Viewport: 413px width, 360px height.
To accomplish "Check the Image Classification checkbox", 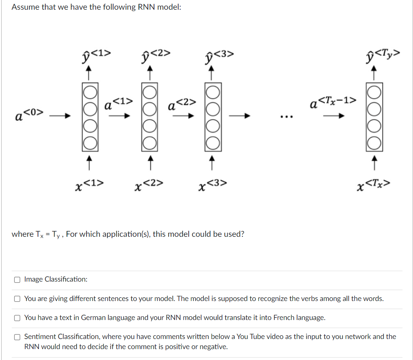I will point(17,279).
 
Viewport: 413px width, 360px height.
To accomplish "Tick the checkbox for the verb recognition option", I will point(17,299).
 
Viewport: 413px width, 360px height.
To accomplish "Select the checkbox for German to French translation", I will point(17,318).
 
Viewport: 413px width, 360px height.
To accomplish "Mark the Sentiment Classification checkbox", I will point(17,337).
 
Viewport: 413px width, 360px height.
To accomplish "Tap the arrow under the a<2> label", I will point(181,116).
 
